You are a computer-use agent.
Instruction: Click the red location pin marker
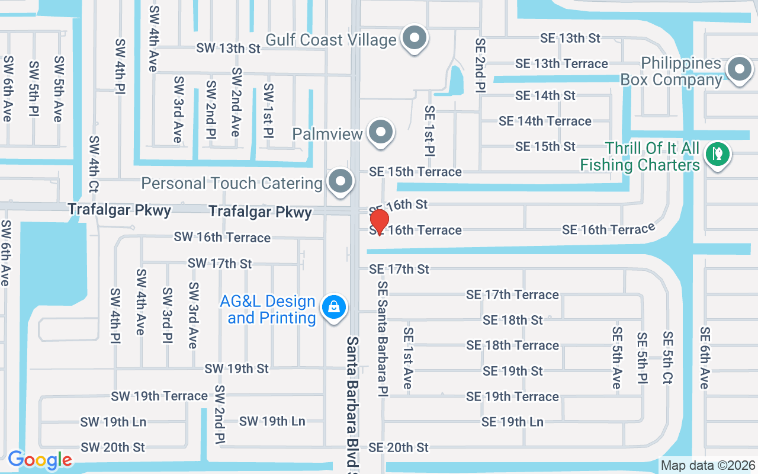(x=379, y=222)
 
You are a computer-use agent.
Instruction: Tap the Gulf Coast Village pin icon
(x=415, y=39)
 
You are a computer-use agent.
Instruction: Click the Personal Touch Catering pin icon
(x=340, y=182)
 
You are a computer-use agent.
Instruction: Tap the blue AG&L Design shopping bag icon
(x=334, y=308)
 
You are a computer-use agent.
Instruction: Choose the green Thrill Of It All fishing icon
(x=718, y=155)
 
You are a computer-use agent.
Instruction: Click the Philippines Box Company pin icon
(x=739, y=70)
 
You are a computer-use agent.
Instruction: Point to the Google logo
(x=40, y=460)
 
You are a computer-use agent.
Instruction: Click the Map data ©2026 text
(x=708, y=466)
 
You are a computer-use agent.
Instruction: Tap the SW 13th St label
(x=229, y=49)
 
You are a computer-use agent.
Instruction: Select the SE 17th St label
(x=399, y=269)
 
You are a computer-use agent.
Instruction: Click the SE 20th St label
(x=399, y=447)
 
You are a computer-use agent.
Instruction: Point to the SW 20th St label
(x=113, y=447)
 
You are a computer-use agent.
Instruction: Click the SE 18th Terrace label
(x=512, y=345)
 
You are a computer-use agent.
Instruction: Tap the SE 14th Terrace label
(x=545, y=121)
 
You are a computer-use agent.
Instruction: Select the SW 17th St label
(x=220, y=263)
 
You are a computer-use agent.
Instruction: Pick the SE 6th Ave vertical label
(x=705, y=358)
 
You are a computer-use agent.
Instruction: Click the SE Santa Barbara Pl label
(x=383, y=339)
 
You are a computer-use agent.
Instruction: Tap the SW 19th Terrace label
(x=159, y=396)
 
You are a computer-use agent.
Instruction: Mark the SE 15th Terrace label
(x=415, y=172)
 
